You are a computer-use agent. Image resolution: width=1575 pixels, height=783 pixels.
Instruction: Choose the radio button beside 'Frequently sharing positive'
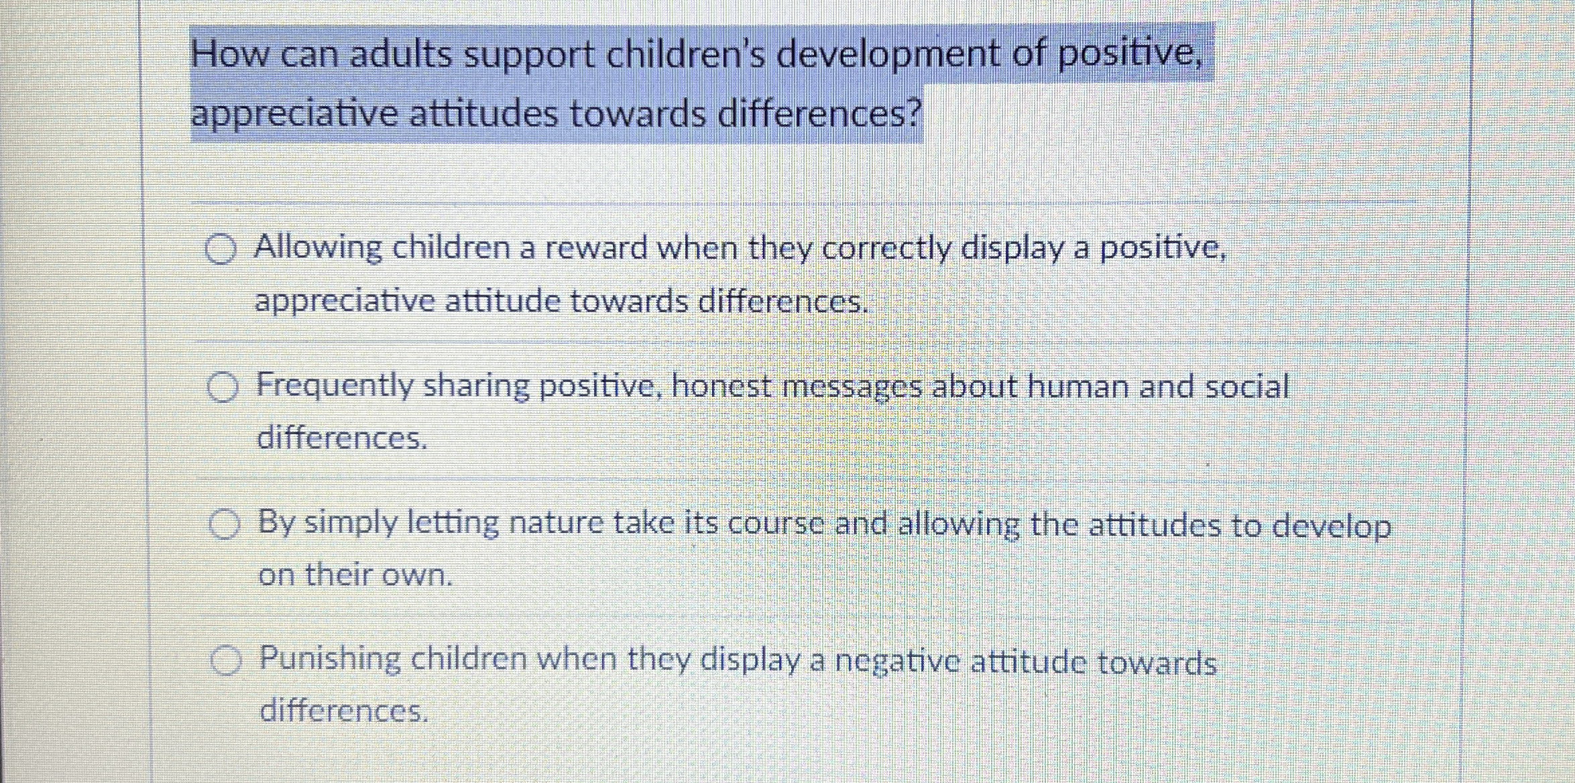click(x=222, y=387)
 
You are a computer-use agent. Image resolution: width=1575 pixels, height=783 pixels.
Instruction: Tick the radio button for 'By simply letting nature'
click(x=224, y=525)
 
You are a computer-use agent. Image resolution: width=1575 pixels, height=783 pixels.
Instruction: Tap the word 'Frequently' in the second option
click(x=335, y=387)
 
